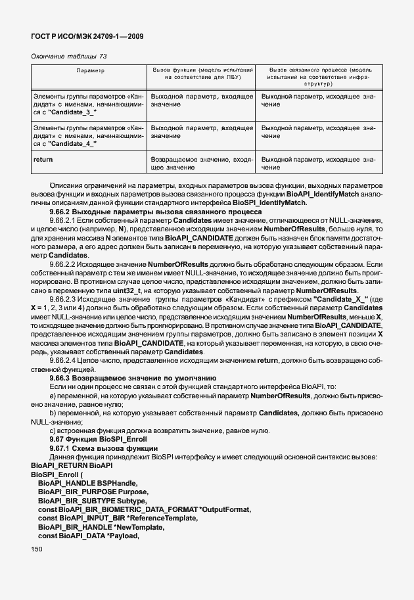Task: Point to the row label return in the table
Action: (43, 160)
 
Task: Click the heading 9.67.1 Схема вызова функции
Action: (101, 448)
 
